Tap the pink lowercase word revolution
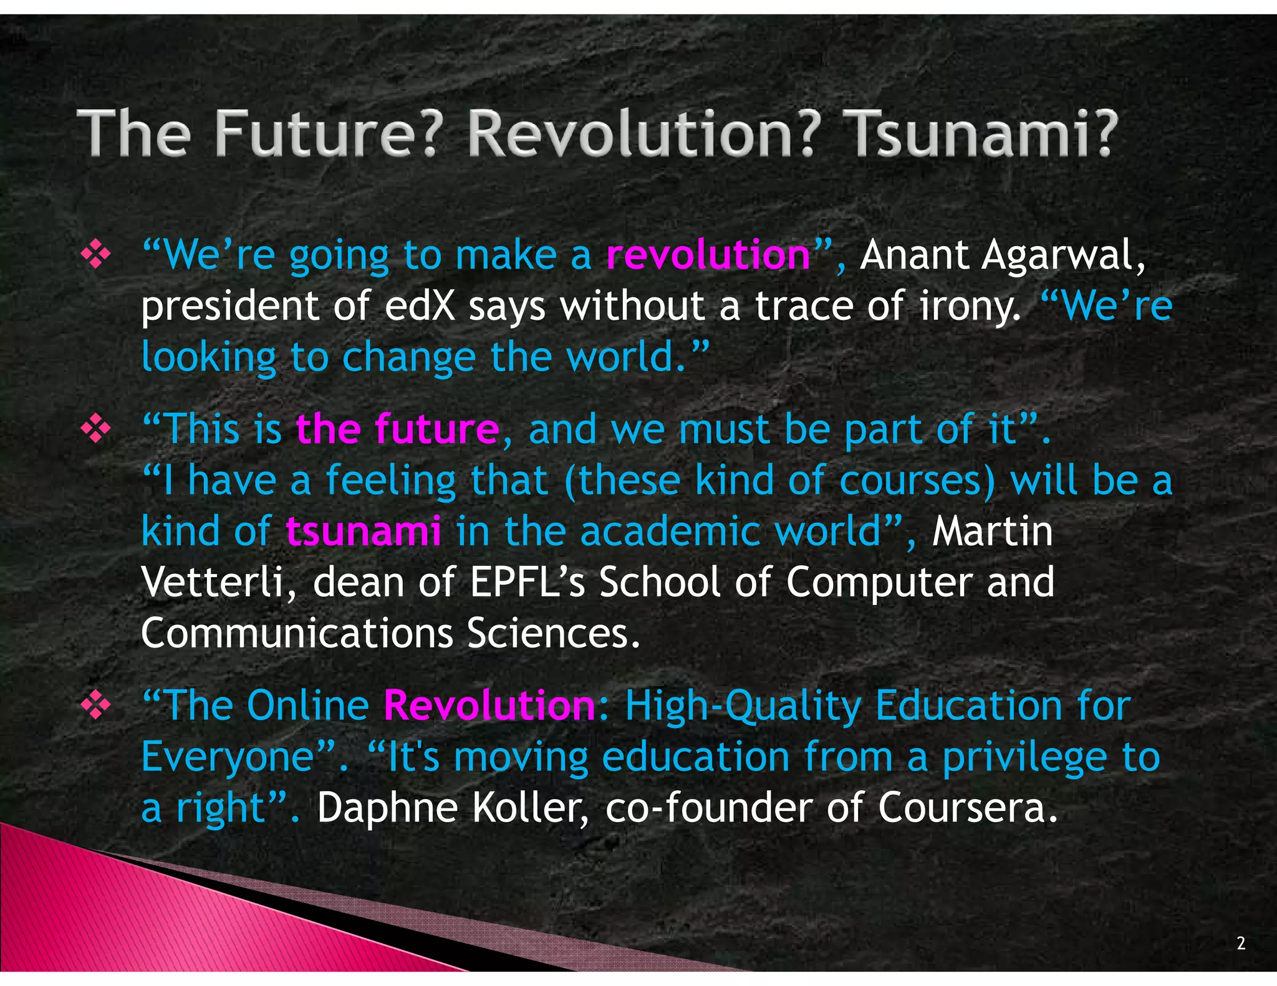point(708,255)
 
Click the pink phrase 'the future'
point(397,429)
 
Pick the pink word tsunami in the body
point(364,531)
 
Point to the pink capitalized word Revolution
point(489,706)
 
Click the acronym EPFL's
point(528,582)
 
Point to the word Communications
point(297,633)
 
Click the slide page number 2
point(1241,943)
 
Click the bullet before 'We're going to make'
point(96,255)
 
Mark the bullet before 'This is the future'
point(96,429)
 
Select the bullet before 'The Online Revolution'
point(96,706)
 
